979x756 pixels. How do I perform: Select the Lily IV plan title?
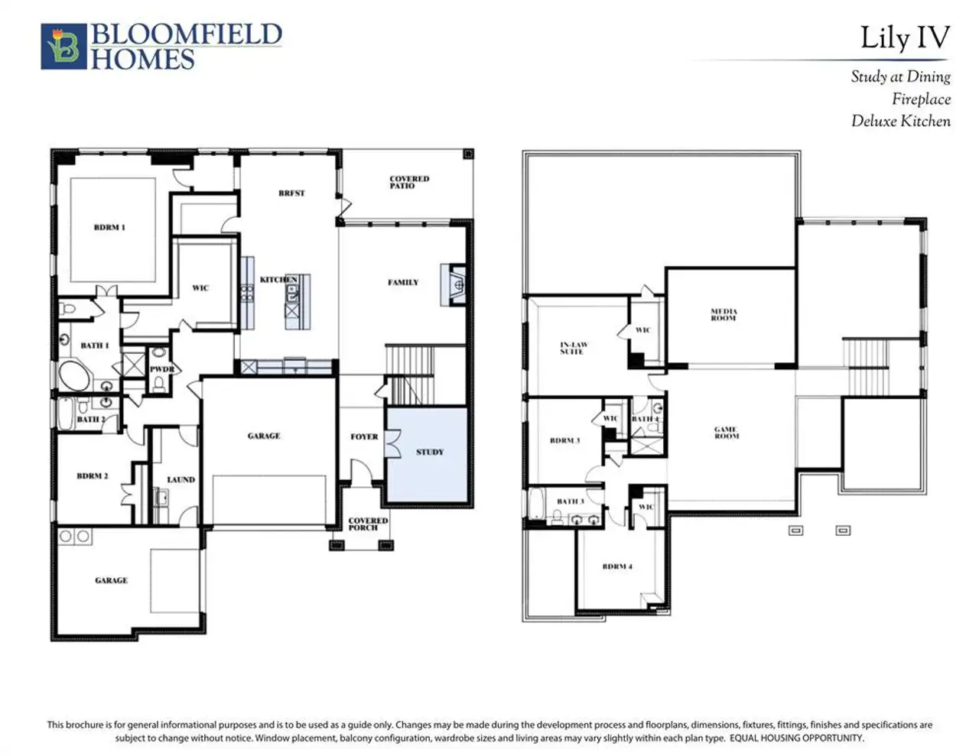point(905,37)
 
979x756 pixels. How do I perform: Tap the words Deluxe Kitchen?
point(901,121)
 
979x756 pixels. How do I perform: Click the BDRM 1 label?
point(109,228)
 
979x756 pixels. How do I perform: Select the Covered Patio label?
point(408,182)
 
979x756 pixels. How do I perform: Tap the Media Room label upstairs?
point(724,314)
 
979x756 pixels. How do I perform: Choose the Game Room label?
point(726,433)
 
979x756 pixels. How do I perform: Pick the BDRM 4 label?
point(617,566)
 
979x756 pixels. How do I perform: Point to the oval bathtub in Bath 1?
point(73,377)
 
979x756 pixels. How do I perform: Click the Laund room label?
point(181,480)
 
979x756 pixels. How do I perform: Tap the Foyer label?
point(364,436)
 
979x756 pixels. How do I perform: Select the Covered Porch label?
point(368,524)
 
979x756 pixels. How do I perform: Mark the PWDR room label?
point(161,369)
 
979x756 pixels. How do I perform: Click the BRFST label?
point(291,193)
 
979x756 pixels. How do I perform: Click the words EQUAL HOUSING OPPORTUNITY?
point(796,738)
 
